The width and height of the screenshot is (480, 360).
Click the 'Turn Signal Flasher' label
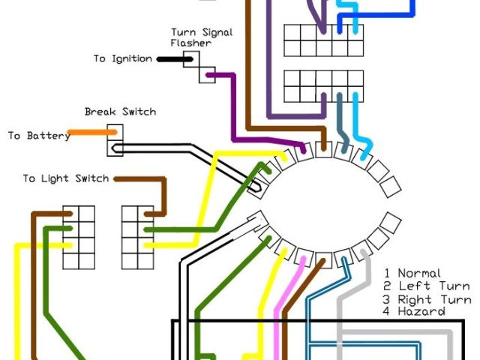[x=201, y=37]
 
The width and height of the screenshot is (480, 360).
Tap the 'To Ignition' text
[x=122, y=58]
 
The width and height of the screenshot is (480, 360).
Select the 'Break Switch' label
[x=120, y=112]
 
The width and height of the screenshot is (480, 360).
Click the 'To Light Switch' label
[x=65, y=178]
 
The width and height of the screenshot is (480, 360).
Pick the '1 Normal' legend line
[x=412, y=274]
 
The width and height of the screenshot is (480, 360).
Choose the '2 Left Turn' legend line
[x=426, y=286]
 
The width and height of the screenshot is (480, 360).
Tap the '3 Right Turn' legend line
[x=426, y=298]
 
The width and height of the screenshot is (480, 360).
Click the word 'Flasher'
[x=190, y=43]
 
